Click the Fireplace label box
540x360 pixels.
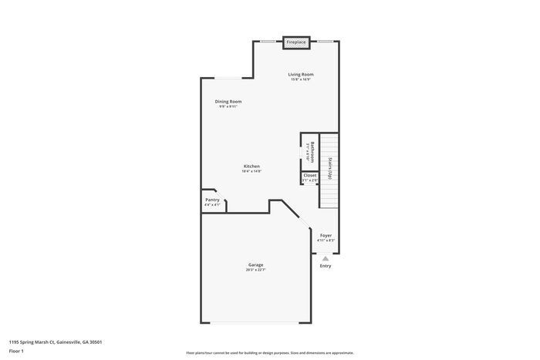point(296,42)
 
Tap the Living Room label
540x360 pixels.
point(302,74)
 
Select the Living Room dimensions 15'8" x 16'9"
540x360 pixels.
point(302,79)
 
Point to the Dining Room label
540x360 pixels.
point(228,102)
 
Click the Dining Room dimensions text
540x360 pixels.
point(228,107)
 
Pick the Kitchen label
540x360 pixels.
point(251,166)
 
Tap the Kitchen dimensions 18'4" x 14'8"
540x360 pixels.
point(251,171)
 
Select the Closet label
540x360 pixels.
point(309,175)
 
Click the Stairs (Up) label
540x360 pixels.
point(330,169)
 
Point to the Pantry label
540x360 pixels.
point(212,200)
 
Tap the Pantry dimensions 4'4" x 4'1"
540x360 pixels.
point(212,205)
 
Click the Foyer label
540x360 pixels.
point(326,235)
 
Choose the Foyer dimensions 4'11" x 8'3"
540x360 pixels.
point(326,241)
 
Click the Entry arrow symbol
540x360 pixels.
point(326,258)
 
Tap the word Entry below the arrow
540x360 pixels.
point(326,266)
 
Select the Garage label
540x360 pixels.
point(255,264)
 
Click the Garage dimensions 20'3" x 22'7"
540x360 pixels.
point(255,270)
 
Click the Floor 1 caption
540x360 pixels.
point(16,351)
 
